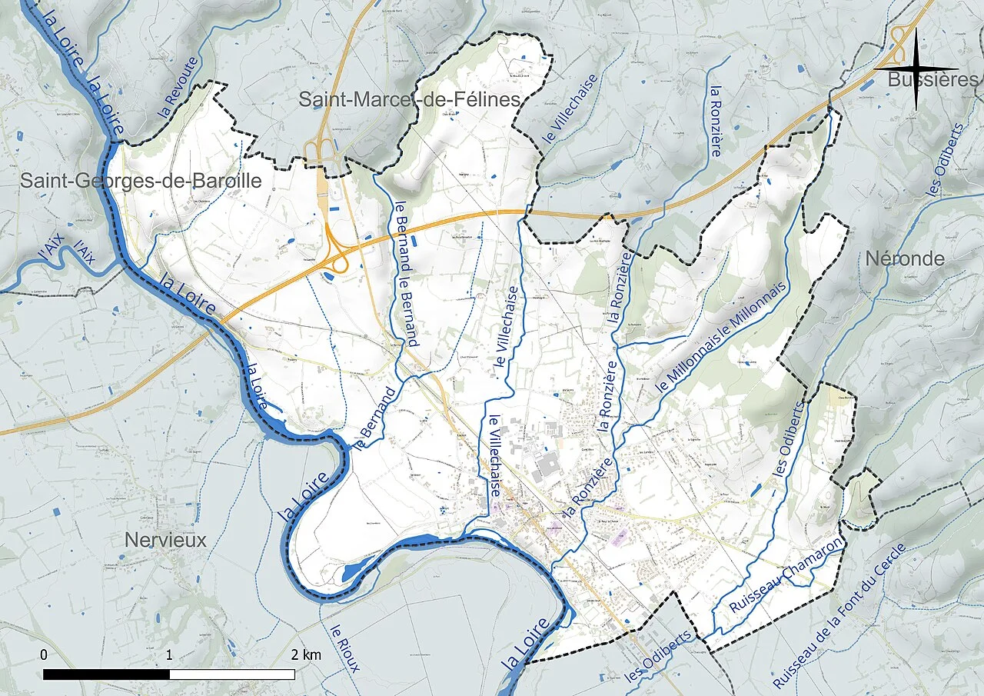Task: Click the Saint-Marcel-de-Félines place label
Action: [410, 99]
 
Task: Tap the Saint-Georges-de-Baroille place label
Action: [141, 181]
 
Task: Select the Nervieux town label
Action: [165, 541]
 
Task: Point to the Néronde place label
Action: [905, 259]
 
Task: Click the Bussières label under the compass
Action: [932, 80]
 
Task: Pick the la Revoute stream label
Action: [178, 86]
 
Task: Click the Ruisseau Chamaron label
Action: [785, 575]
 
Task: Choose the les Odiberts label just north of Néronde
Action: [946, 160]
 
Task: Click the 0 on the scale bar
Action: [43, 655]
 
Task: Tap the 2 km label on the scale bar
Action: [306, 655]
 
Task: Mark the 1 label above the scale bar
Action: [169, 655]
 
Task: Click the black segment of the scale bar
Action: [106, 674]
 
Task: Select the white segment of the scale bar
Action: [232, 674]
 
